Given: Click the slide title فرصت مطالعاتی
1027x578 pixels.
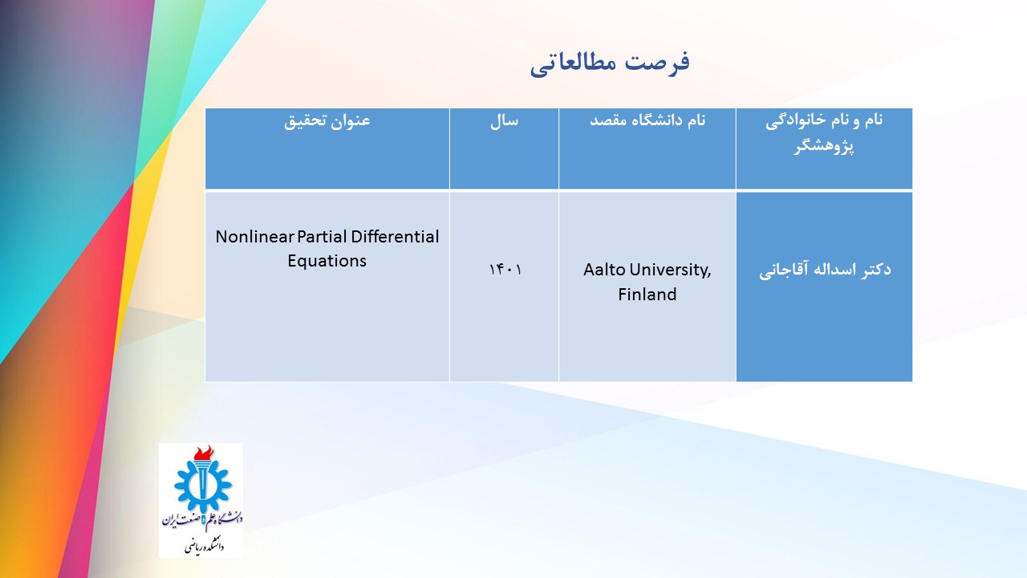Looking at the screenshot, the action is [x=610, y=64].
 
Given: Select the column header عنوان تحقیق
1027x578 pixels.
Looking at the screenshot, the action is [x=327, y=120].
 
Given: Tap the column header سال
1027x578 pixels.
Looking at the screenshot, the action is [x=505, y=120].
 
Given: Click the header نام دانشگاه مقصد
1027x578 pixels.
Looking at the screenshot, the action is [x=647, y=120].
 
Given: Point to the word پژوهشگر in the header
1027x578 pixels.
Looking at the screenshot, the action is [x=824, y=146].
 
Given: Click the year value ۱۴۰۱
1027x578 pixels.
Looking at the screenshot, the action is [x=505, y=270].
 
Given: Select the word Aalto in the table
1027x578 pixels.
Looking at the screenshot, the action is [x=604, y=270].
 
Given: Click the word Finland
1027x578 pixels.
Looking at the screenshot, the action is [x=647, y=294].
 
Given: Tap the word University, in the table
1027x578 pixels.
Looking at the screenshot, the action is [x=670, y=271].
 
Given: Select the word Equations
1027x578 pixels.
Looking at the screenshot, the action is [x=327, y=261].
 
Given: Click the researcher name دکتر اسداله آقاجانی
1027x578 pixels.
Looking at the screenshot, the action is [x=825, y=270].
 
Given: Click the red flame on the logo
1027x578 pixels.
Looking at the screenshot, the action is [x=204, y=453].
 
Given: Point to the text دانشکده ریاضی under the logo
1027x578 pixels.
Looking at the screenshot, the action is [x=204, y=547].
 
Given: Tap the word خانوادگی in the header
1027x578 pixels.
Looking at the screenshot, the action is [x=794, y=121].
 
